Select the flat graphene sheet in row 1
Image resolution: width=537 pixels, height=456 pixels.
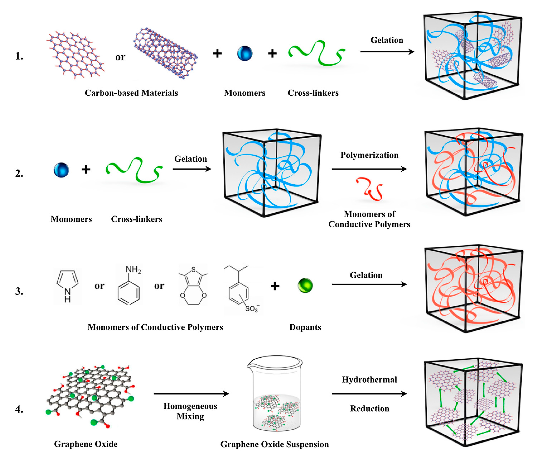tap(75, 55)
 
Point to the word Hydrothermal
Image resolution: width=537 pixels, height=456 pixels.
tap(369, 379)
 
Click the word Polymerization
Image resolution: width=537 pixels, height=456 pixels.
tap(369, 155)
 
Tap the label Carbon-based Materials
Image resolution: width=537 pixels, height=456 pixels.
tap(131, 93)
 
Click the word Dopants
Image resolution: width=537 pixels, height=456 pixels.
tap(305, 327)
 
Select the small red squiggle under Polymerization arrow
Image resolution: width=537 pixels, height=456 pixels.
tap(369, 189)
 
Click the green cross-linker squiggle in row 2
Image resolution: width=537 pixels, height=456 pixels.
tap(134, 169)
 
